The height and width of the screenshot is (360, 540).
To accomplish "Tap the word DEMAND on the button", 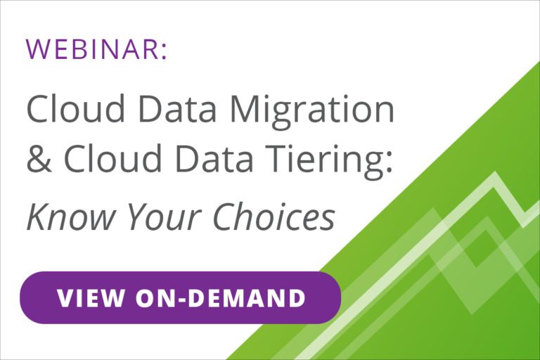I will pyautogui.click(x=247, y=297).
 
